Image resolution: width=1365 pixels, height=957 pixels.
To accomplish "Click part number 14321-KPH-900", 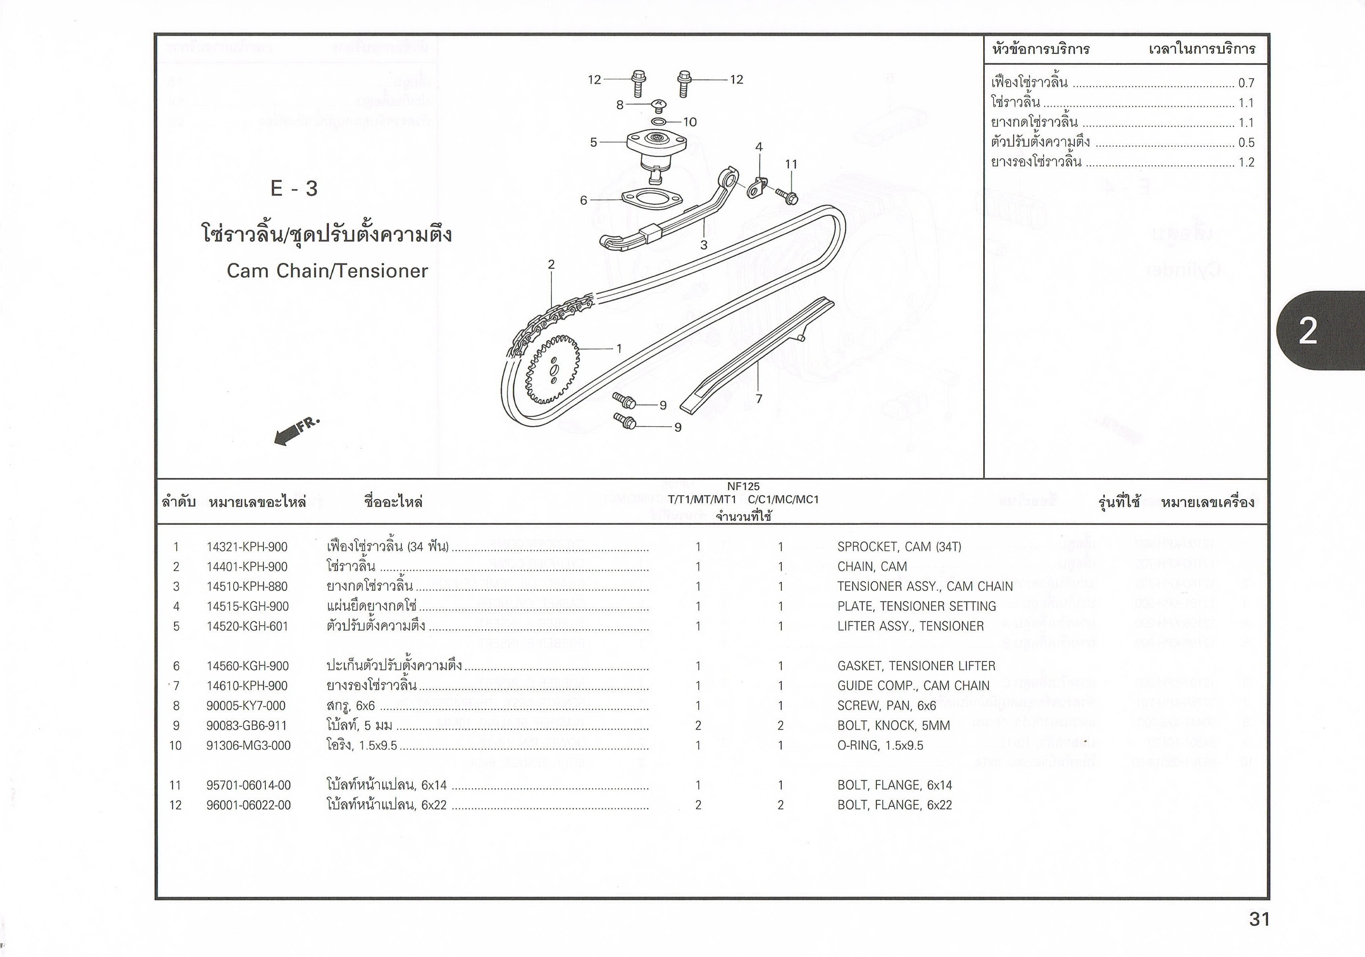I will click(247, 547).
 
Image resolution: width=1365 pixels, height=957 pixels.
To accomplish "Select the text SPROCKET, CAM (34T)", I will click(899, 547).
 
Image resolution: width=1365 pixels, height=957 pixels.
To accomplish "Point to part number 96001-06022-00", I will click(249, 805).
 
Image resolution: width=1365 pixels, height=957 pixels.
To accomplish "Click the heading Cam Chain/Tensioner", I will click(327, 271).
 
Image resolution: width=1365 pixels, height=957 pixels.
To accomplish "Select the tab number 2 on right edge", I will click(1307, 331).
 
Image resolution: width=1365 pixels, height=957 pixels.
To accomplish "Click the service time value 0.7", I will click(1246, 83).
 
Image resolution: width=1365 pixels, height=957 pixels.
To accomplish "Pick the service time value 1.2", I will click(1246, 162).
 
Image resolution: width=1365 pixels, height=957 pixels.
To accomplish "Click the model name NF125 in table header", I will click(743, 486).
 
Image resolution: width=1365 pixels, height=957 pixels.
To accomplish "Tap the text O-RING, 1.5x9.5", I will click(880, 745).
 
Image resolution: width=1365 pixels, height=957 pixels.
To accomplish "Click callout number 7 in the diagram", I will click(759, 399).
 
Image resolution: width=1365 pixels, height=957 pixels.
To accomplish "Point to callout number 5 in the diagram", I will click(594, 143).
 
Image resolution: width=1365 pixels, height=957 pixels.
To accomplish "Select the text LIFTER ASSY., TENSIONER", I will click(910, 626).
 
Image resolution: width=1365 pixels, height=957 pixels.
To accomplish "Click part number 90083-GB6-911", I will click(247, 726).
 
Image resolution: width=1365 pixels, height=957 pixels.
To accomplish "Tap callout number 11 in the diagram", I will click(791, 164).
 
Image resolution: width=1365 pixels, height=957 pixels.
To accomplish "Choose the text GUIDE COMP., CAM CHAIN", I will click(913, 686).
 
